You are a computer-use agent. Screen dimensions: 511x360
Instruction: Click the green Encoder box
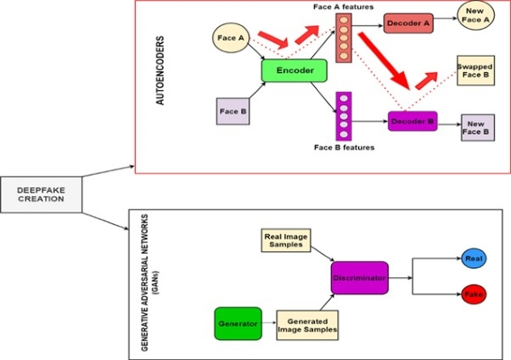click(x=294, y=70)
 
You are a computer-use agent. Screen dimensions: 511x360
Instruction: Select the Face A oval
click(x=230, y=38)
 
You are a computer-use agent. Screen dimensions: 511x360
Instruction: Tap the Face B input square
click(x=233, y=112)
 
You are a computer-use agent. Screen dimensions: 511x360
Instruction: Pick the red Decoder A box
click(x=408, y=23)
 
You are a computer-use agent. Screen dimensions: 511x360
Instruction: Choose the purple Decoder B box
click(x=413, y=121)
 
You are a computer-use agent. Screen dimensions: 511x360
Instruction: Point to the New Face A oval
click(x=476, y=15)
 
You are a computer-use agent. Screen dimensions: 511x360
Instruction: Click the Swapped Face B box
click(x=476, y=70)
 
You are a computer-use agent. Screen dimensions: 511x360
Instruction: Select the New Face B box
click(x=478, y=128)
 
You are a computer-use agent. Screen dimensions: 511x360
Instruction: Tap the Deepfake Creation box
click(x=41, y=194)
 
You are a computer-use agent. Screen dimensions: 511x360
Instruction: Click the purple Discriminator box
click(x=360, y=278)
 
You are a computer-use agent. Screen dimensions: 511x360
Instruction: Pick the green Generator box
click(x=238, y=323)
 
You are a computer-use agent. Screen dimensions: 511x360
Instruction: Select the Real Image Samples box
click(x=286, y=240)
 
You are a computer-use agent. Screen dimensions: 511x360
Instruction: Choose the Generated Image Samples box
click(x=308, y=325)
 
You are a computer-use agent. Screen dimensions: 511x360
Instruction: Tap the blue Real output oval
click(x=474, y=258)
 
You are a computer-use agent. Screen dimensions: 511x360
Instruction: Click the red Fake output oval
click(x=474, y=294)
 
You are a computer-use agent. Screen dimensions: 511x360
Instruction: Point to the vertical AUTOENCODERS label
click(x=160, y=70)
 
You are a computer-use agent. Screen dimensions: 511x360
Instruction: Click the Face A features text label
click(x=344, y=7)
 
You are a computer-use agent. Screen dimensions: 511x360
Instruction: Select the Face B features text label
click(x=345, y=148)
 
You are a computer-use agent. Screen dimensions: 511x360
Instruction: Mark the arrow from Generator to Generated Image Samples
click(x=269, y=323)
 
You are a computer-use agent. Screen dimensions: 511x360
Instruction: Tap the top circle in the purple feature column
click(x=344, y=98)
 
